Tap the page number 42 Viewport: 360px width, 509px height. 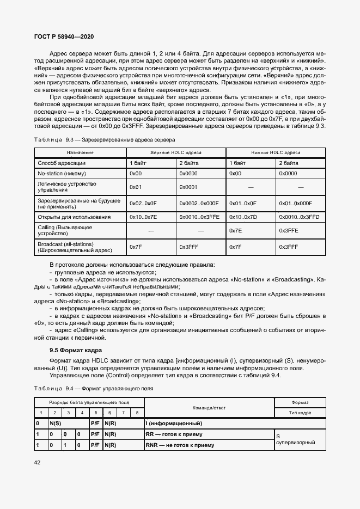coord(37,463)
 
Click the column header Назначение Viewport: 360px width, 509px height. coord(80,153)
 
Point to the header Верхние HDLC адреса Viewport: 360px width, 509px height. coord(175,153)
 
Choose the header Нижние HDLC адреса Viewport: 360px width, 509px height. coord(276,153)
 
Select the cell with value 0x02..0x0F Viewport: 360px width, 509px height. coord(143,203)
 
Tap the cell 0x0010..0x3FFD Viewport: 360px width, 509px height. coord(297,217)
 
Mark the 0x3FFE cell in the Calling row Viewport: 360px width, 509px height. coord(288,231)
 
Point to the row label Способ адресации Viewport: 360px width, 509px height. coord(62,163)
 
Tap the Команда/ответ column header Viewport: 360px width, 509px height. coord(209,407)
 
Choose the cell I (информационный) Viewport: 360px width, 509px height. coord(174,423)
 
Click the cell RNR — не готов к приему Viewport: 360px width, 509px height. coord(180,445)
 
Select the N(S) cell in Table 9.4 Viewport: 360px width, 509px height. coord(56,423)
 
